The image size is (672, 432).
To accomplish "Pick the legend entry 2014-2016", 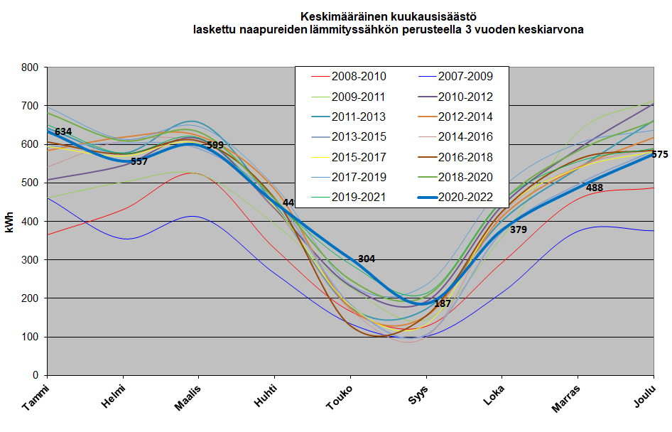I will [465, 136].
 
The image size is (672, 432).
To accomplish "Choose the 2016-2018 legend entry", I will [465, 157].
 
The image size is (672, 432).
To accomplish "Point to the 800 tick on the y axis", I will [30, 68].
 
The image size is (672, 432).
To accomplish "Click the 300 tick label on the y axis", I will [30, 260].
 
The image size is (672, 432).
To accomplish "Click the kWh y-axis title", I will [10, 222].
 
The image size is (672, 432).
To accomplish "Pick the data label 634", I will [63, 131].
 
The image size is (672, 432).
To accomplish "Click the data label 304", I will [367, 259].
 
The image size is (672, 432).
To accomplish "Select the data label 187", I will [443, 303].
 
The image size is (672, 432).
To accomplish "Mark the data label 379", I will [519, 229].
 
